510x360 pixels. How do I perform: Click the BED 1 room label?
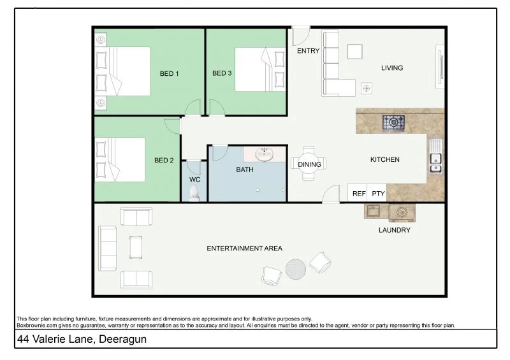(x=168, y=74)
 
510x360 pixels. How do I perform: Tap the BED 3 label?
(x=221, y=73)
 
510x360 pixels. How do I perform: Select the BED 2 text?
(x=164, y=161)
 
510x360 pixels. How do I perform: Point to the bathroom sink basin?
(x=264, y=154)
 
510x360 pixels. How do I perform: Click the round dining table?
(x=310, y=164)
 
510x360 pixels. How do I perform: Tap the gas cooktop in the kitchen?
(x=393, y=122)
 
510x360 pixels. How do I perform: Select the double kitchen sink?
(x=436, y=159)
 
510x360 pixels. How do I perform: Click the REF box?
(x=359, y=194)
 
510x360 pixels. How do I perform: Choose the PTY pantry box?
(x=378, y=194)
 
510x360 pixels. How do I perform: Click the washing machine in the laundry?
(x=402, y=212)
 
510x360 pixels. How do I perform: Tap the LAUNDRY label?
(x=394, y=230)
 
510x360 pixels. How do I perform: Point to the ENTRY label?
(x=309, y=52)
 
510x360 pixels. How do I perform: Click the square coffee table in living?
(x=354, y=51)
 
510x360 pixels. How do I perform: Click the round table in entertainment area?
(x=295, y=268)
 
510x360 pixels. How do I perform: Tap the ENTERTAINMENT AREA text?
(x=244, y=248)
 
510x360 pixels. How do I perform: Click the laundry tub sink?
(x=374, y=211)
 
